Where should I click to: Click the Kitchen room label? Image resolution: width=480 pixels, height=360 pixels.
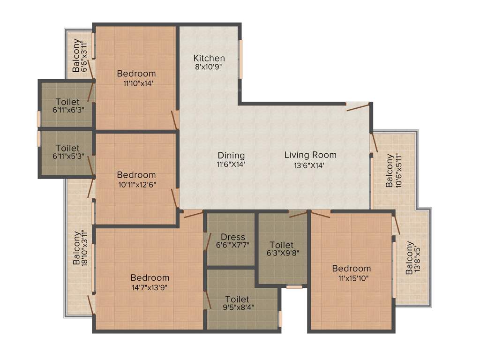pos(209,58)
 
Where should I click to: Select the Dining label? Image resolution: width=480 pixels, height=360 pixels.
pos(231,156)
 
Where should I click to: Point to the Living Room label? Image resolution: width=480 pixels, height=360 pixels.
pos(310,155)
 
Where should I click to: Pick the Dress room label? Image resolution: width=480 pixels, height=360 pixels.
pos(233,237)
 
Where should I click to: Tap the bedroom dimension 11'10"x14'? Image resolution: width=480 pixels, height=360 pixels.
pos(136,83)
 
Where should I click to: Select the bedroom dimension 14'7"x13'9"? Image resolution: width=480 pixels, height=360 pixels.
pos(150,287)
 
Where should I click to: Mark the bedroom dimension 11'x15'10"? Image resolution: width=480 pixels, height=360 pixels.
pos(351,278)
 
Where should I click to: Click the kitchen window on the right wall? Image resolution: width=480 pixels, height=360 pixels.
pos(241,59)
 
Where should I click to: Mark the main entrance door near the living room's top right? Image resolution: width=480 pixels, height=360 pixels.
pos(358,106)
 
